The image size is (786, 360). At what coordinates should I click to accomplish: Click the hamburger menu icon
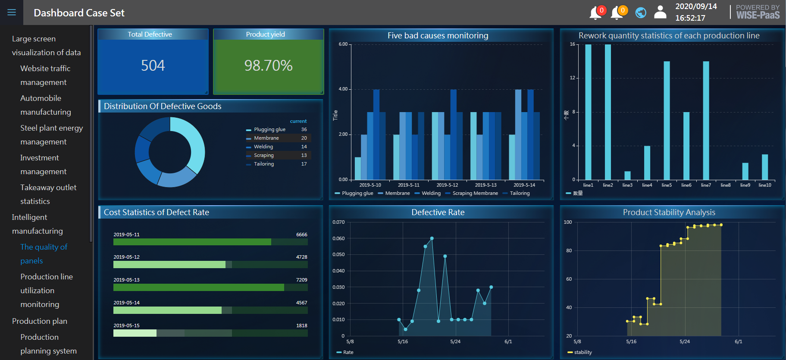pyautogui.click(x=12, y=13)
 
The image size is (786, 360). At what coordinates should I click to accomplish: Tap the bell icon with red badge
pyautogui.click(x=595, y=13)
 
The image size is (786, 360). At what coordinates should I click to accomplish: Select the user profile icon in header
pyautogui.click(x=660, y=12)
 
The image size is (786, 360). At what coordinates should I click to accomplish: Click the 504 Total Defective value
pyautogui.click(x=153, y=66)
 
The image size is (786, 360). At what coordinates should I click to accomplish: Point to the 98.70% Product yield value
pyautogui.click(x=268, y=66)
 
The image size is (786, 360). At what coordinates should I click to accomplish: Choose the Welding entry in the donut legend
pyautogui.click(x=263, y=147)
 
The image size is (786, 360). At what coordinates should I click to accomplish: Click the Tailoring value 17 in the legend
pyautogui.click(x=304, y=164)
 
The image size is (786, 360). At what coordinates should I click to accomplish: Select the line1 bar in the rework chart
pyautogui.click(x=588, y=112)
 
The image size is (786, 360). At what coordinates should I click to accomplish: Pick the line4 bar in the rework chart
pyautogui.click(x=647, y=163)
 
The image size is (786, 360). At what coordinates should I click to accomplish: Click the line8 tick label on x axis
pyautogui.click(x=726, y=185)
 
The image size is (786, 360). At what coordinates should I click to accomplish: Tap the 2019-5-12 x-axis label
pyautogui.click(x=447, y=185)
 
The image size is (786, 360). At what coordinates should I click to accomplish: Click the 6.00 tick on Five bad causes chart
pyautogui.click(x=343, y=44)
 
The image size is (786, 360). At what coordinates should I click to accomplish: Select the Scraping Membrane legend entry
pyautogui.click(x=475, y=193)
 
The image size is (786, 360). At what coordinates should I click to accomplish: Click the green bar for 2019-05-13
pyautogui.click(x=199, y=287)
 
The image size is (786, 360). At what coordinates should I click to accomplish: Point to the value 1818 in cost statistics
pyautogui.click(x=302, y=326)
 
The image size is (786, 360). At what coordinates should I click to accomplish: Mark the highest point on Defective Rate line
pyautogui.click(x=432, y=238)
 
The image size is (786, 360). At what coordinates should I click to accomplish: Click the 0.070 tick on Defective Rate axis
pyautogui.click(x=338, y=222)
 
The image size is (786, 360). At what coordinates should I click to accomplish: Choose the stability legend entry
pyautogui.click(x=582, y=352)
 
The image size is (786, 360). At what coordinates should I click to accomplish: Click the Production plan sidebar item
pyautogui.click(x=40, y=321)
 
